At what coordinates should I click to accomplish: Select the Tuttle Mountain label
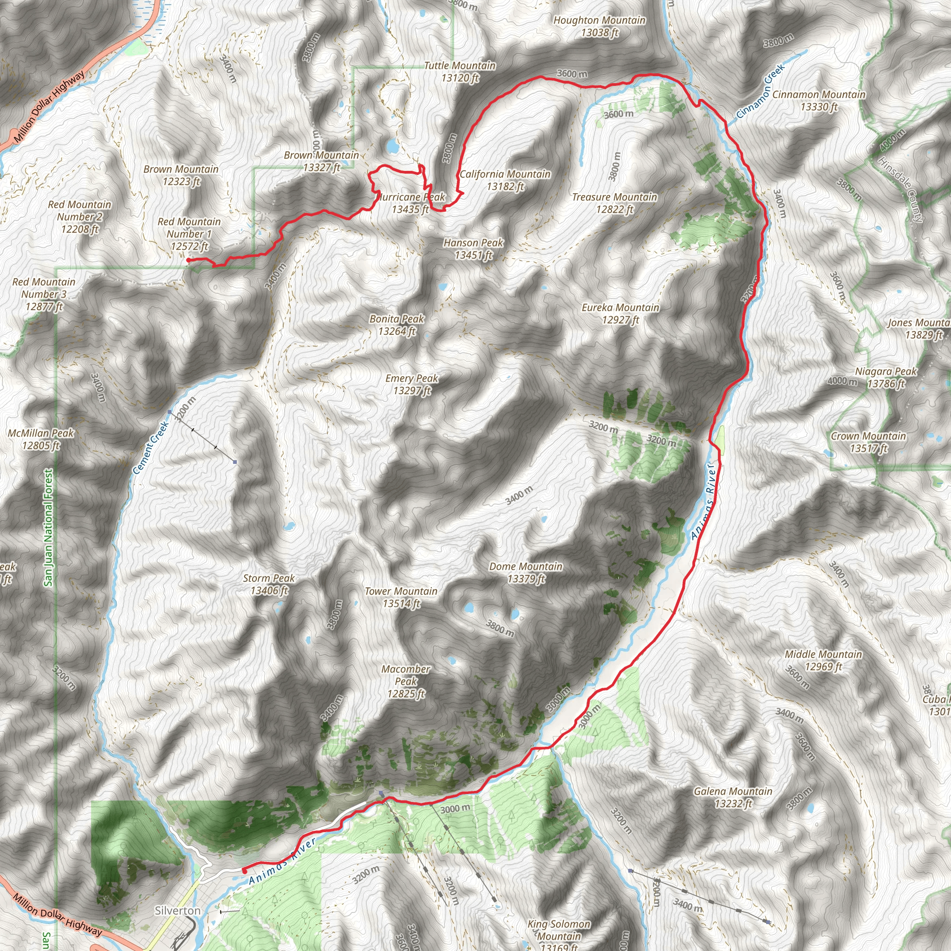[x=460, y=72]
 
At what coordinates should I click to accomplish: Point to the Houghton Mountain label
[x=599, y=26]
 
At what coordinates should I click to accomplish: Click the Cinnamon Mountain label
[x=819, y=100]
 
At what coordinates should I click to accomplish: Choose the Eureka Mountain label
[x=620, y=313]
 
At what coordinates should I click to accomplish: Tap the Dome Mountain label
[x=526, y=573]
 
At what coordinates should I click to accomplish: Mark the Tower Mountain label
[x=401, y=597]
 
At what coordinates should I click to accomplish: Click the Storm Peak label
[x=269, y=584]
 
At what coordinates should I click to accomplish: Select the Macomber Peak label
[x=406, y=681]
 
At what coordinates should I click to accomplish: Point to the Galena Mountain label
[x=733, y=797]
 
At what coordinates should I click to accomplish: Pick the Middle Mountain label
[x=823, y=661]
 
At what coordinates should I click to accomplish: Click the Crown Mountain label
[x=868, y=442]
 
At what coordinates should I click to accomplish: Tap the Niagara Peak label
[x=886, y=378]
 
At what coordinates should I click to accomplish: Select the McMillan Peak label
[x=41, y=439]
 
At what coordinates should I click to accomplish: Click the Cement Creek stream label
[x=150, y=448]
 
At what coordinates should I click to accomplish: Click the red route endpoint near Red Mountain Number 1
[x=189, y=260]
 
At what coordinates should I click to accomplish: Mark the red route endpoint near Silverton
[x=245, y=871]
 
